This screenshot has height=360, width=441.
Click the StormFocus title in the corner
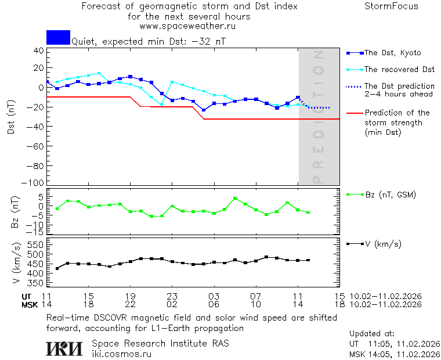pos(391,6)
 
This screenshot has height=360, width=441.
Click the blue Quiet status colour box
pos(58,37)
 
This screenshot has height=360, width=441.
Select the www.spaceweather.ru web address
pos(187,26)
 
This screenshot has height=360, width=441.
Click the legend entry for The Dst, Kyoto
pos(392,53)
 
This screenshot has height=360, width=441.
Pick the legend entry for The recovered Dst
pos(399,69)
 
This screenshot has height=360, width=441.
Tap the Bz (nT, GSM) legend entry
pos(390,195)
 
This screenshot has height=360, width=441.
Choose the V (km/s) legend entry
pos(382,244)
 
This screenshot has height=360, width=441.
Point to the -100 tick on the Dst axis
pos(36,183)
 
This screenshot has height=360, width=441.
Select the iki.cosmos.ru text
pos(121,353)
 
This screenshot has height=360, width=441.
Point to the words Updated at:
pos(371,334)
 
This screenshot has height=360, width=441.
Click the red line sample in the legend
pos(354,113)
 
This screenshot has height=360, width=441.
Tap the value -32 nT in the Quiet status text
pos(211,42)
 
